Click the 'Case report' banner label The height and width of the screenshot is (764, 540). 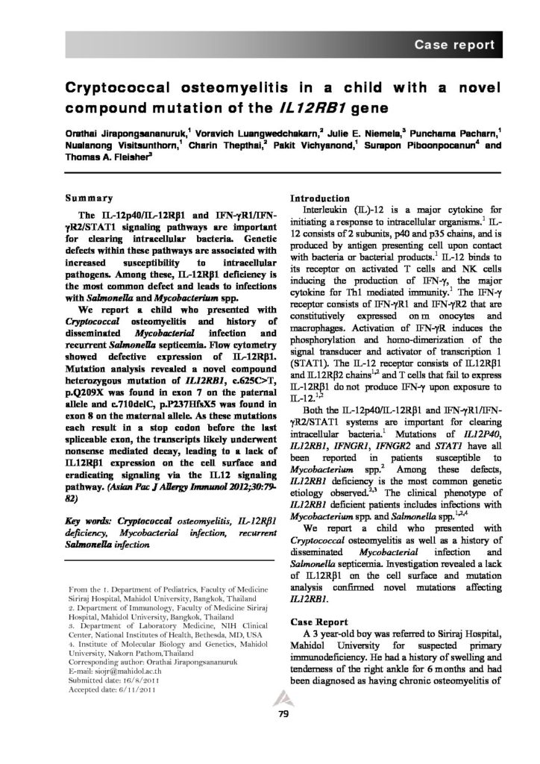pos(454,44)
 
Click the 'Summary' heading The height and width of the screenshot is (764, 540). pos(88,199)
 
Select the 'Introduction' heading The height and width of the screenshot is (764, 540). pos(321,198)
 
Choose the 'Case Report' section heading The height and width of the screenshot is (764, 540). pos(317,621)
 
